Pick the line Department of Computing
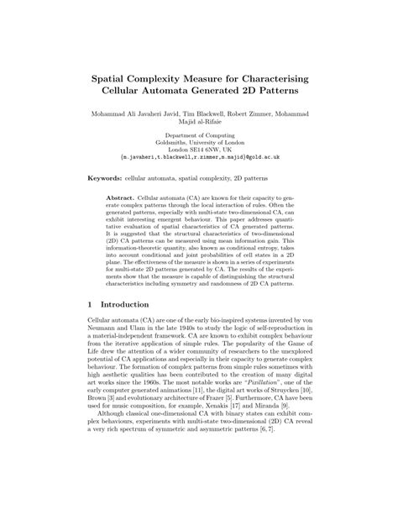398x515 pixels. pos(199,134)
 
